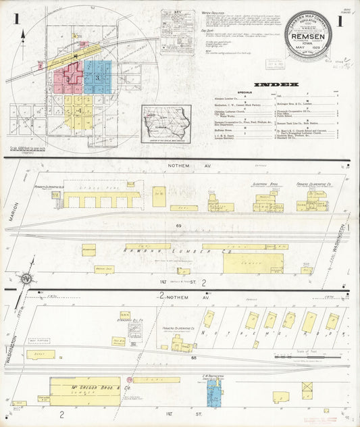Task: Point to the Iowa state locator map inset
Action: [x=165, y=124]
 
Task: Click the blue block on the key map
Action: [x=97, y=77]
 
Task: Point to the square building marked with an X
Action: [x=307, y=388]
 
